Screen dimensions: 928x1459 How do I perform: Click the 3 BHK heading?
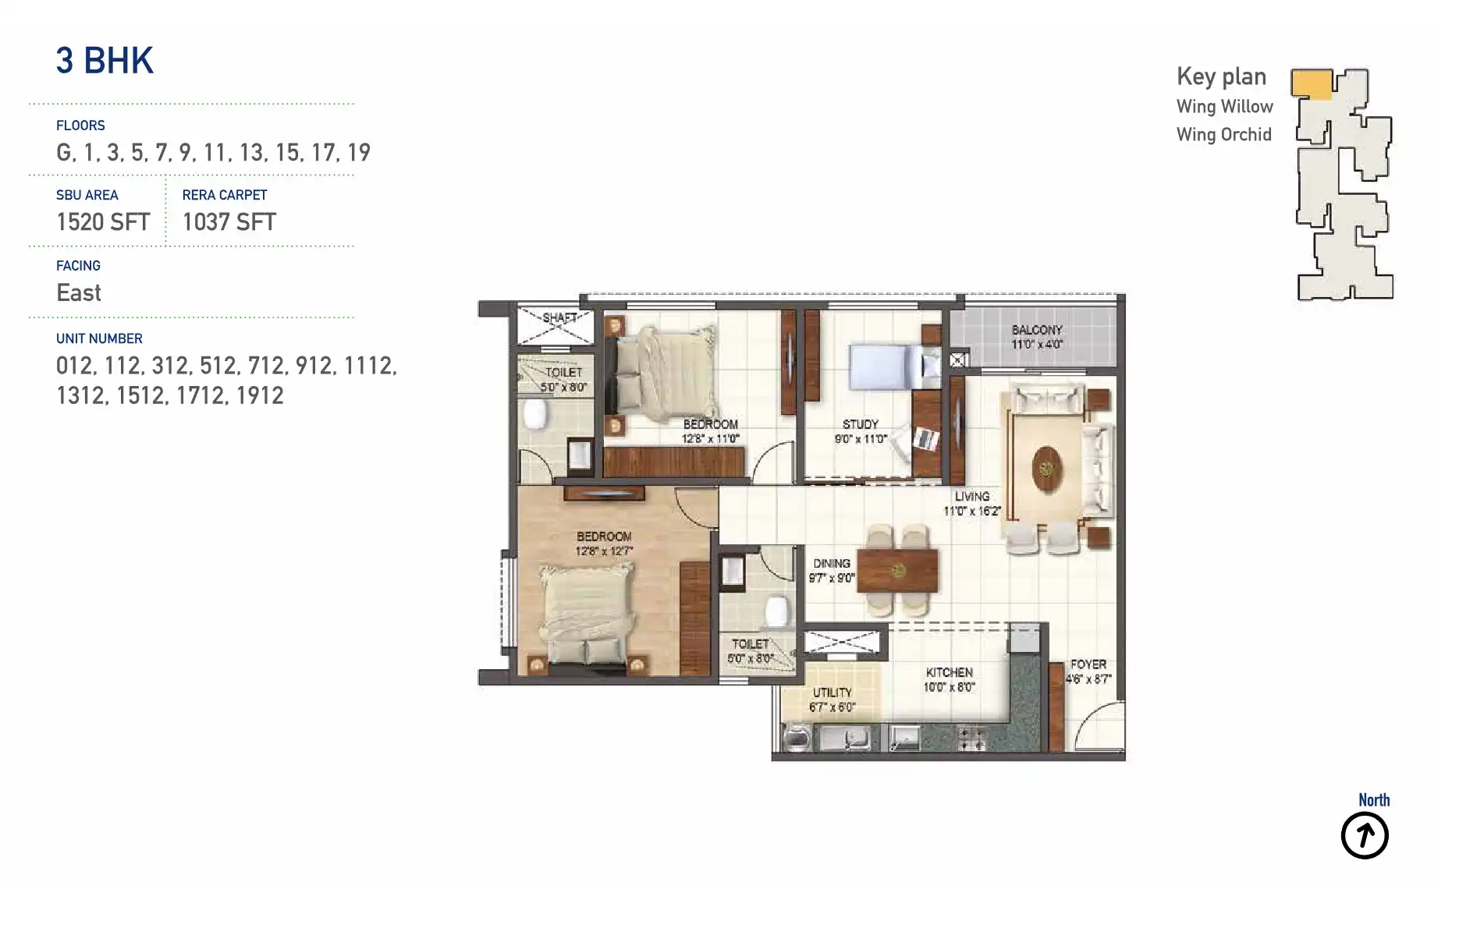(105, 61)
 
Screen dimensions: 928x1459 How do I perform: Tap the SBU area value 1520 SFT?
(103, 222)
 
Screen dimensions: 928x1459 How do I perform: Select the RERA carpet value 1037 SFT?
(229, 222)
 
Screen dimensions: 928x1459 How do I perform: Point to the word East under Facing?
(79, 293)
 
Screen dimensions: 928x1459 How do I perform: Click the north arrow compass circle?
(1364, 835)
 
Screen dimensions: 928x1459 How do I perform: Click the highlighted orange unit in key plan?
(1311, 83)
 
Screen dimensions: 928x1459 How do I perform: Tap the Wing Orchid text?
(1223, 135)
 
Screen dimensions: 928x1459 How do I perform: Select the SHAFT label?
(559, 317)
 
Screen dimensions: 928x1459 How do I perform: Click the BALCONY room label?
(1037, 330)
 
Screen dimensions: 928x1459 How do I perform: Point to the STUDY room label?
(860, 424)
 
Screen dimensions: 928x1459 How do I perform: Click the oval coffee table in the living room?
(1046, 469)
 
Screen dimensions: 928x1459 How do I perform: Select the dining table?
(898, 571)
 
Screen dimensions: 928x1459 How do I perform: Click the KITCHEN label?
(949, 672)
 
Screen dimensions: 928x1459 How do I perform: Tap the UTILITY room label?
(832, 692)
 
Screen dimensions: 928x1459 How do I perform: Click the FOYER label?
(1088, 664)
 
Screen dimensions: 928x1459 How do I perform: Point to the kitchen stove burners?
(971, 739)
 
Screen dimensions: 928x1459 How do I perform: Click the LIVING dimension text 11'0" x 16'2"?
(971, 512)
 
